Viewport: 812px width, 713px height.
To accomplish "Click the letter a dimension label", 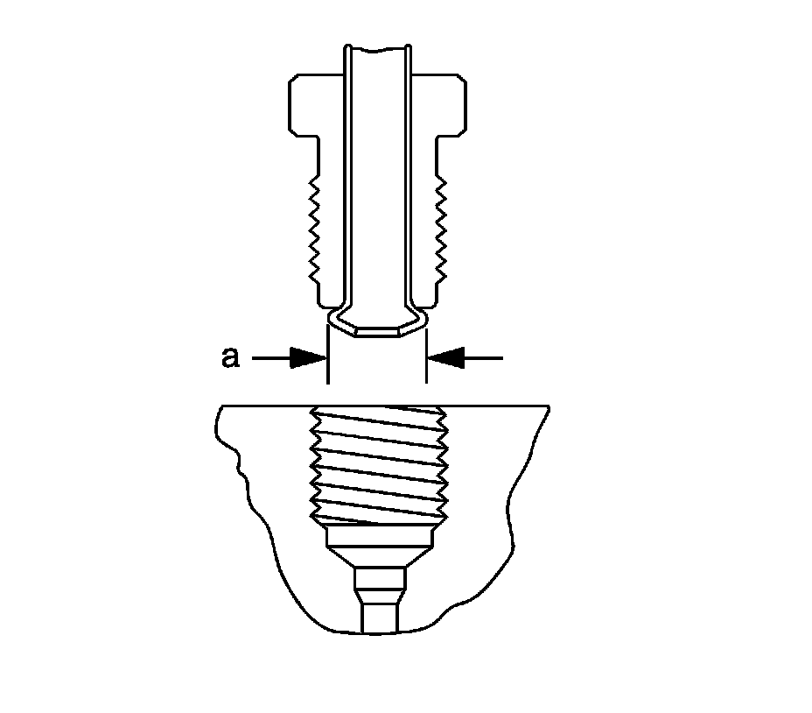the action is point(229,357).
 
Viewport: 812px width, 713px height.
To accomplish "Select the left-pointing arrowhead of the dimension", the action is point(444,357).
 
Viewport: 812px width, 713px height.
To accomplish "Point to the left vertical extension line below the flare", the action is point(328,368).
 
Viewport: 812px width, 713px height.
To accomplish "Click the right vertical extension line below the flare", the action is point(427,368).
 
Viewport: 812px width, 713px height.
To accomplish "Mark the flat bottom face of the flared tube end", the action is point(377,334).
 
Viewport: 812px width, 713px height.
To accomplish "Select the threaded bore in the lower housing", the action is point(378,464).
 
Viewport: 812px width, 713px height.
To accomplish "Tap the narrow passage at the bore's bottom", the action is point(378,604).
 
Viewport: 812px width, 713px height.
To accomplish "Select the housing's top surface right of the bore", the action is point(499,406).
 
